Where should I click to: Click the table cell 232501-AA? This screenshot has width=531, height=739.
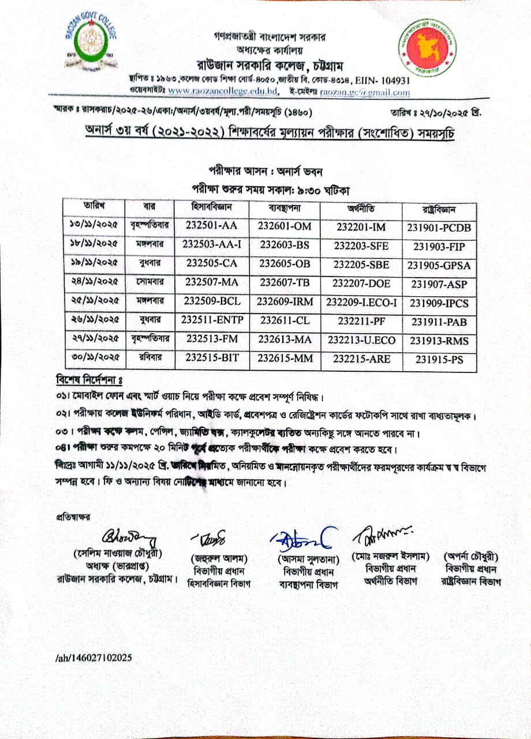click(x=211, y=226)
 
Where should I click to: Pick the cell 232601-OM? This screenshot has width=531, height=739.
click(x=285, y=226)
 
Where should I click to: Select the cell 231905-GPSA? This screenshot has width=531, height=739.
click(x=439, y=266)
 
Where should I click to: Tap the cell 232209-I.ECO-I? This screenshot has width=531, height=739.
click(x=362, y=303)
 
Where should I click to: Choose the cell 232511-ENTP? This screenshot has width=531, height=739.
click(x=211, y=320)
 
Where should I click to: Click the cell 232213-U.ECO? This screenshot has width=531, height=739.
click(x=362, y=339)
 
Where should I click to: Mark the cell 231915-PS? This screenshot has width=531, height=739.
click(x=439, y=359)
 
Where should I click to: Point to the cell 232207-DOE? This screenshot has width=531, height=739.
click(x=362, y=283)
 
